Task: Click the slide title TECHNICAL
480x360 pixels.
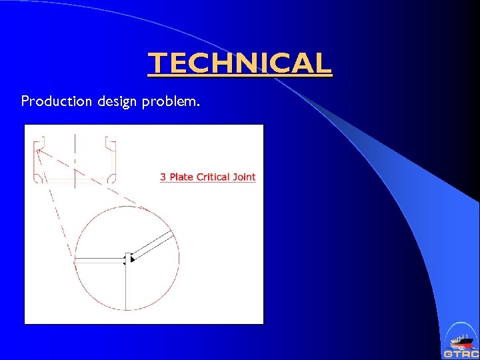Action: [239, 63]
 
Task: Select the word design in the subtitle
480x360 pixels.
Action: [118, 101]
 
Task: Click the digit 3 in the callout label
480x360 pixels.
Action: [163, 177]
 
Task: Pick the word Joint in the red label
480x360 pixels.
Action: [243, 177]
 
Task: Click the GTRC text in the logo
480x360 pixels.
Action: [461, 354]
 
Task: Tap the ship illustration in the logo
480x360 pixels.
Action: [460, 341]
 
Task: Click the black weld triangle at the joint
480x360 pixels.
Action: [133, 257]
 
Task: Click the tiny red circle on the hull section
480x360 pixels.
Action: [38, 151]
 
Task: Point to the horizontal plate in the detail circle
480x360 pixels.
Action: [100, 259]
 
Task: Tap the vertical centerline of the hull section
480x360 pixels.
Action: [75, 160]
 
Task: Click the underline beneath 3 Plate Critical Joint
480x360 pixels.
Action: [208, 183]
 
